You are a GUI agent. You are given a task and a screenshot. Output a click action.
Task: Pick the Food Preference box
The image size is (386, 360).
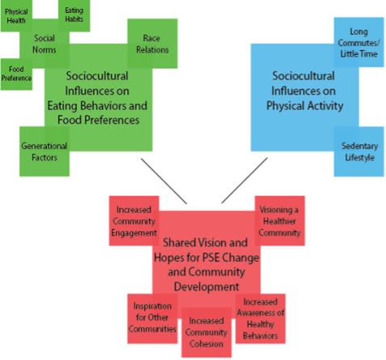(x=16, y=74)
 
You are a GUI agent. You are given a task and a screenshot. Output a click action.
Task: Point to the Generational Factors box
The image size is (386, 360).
(x=44, y=151)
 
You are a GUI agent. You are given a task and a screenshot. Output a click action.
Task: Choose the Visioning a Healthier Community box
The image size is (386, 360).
(x=280, y=221)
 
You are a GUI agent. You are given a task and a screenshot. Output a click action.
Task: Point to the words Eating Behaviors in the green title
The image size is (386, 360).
(x=110, y=106)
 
